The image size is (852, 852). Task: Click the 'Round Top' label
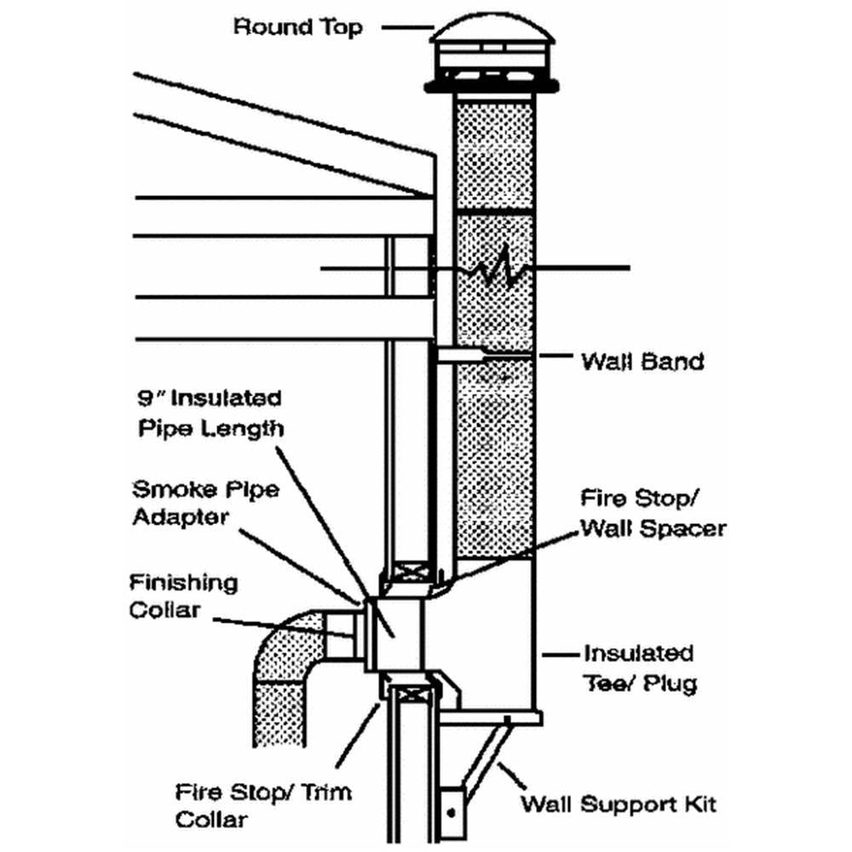(x=297, y=26)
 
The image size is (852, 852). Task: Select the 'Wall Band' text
(x=642, y=361)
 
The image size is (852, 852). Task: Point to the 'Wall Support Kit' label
(x=619, y=803)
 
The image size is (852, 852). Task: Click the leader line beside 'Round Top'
(x=404, y=27)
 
